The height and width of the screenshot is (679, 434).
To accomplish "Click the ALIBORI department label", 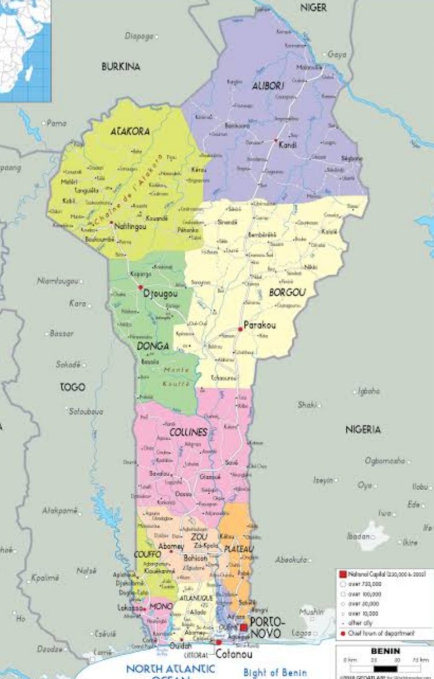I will click(268, 85).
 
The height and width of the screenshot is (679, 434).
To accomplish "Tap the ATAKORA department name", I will click(130, 132).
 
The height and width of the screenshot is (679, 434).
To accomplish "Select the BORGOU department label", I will click(287, 293).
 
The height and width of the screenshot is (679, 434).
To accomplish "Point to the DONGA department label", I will click(153, 346).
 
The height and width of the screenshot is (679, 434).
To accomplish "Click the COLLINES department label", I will click(188, 432).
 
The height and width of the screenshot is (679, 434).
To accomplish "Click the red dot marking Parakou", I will click(240, 329).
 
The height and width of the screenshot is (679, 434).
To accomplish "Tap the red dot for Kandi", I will click(275, 140).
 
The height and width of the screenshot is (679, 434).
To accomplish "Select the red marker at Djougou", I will click(140, 287).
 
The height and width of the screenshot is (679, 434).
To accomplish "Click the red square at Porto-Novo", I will click(244, 627).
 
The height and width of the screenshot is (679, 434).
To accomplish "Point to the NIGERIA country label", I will click(363, 429).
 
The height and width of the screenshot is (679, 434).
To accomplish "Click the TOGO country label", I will click(72, 387).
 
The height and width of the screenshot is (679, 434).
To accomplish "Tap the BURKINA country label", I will click(121, 67).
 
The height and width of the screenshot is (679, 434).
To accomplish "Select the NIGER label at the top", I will click(313, 8).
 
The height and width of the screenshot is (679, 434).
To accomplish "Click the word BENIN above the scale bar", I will click(385, 651).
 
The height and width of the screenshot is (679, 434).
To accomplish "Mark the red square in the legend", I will click(343, 574).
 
